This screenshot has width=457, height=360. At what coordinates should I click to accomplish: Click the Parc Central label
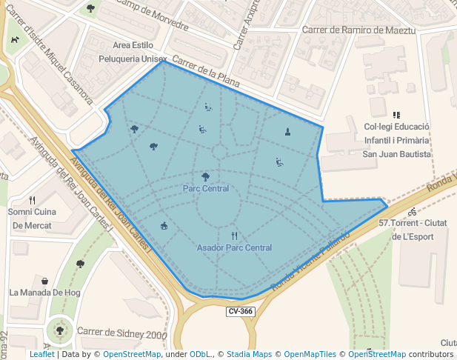(205, 189)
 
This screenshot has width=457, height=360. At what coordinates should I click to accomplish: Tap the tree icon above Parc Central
(205, 176)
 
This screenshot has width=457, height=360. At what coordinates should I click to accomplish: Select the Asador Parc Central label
(234, 247)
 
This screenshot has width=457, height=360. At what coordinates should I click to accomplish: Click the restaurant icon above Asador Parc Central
(234, 236)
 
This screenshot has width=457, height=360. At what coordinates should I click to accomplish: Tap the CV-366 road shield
(241, 312)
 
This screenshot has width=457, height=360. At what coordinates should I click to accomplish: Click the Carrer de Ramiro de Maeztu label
(359, 30)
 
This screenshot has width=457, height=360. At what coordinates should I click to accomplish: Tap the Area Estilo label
(133, 45)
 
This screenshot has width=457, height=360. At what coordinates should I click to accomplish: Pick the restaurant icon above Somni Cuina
(32, 200)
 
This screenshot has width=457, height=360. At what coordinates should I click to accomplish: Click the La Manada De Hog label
(44, 293)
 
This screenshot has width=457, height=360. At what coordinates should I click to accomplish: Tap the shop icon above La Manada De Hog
(45, 281)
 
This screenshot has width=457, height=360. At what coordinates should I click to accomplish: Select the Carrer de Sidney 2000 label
(122, 334)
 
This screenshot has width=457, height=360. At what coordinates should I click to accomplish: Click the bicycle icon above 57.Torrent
(412, 212)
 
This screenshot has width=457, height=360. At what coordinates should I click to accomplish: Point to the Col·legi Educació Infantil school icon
(396, 115)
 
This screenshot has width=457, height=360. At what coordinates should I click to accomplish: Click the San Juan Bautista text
(396, 154)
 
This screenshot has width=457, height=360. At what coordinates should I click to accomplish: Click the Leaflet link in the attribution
(41, 354)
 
